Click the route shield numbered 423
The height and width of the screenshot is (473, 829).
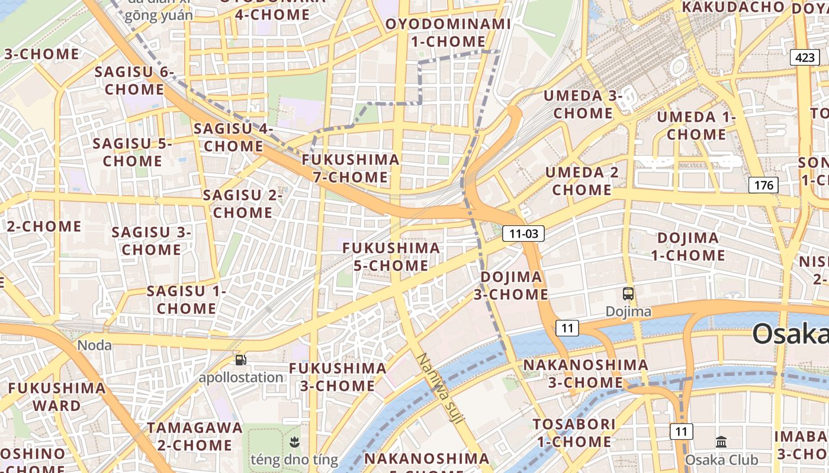click(x=805, y=57)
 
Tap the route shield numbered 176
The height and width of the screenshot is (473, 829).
click(x=763, y=185)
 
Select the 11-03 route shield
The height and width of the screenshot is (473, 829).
click(x=523, y=234)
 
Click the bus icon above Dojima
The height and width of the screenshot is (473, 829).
click(x=628, y=293)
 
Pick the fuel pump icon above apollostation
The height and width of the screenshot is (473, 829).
click(x=240, y=359)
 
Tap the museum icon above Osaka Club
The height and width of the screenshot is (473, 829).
click(x=721, y=442)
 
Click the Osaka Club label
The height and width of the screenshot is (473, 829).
click(x=721, y=459)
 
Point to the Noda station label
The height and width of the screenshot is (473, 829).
click(x=95, y=345)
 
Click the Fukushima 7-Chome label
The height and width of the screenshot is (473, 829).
click(x=351, y=169)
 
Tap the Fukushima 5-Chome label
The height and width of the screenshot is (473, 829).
click(x=391, y=257)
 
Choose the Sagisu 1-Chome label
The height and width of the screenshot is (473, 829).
click(x=187, y=300)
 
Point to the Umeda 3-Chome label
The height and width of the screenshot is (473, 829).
click(x=583, y=104)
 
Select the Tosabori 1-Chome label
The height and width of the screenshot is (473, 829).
click(x=574, y=433)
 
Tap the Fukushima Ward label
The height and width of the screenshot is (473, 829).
click(x=57, y=397)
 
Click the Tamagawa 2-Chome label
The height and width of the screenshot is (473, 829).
click(x=195, y=436)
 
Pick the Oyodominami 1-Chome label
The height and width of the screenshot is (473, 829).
click(x=448, y=33)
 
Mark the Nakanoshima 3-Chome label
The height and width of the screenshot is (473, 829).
click(x=586, y=374)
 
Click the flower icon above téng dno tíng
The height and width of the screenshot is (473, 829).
click(x=294, y=441)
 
